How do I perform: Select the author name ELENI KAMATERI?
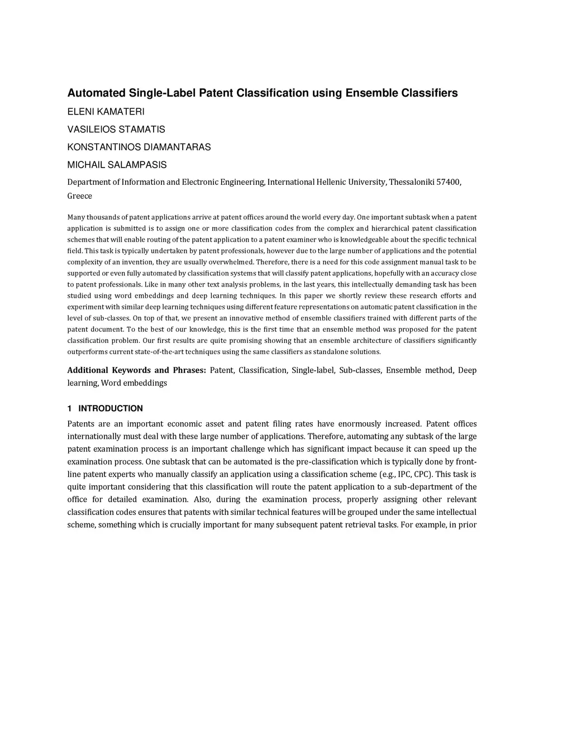106,112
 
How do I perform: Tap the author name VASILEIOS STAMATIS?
116,130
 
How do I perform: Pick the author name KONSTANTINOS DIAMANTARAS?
139,147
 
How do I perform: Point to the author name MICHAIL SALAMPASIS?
117,165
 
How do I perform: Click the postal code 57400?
448,182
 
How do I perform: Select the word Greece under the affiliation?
79,196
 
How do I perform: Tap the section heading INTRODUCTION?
110,408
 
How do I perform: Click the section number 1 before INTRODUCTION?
69,408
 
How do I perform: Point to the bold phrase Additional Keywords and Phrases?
136,370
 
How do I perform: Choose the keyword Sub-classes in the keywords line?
360,370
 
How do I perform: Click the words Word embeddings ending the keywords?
134,383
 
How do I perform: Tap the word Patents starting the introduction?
80,424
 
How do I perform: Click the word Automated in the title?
96,93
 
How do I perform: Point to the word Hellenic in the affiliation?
331,182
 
